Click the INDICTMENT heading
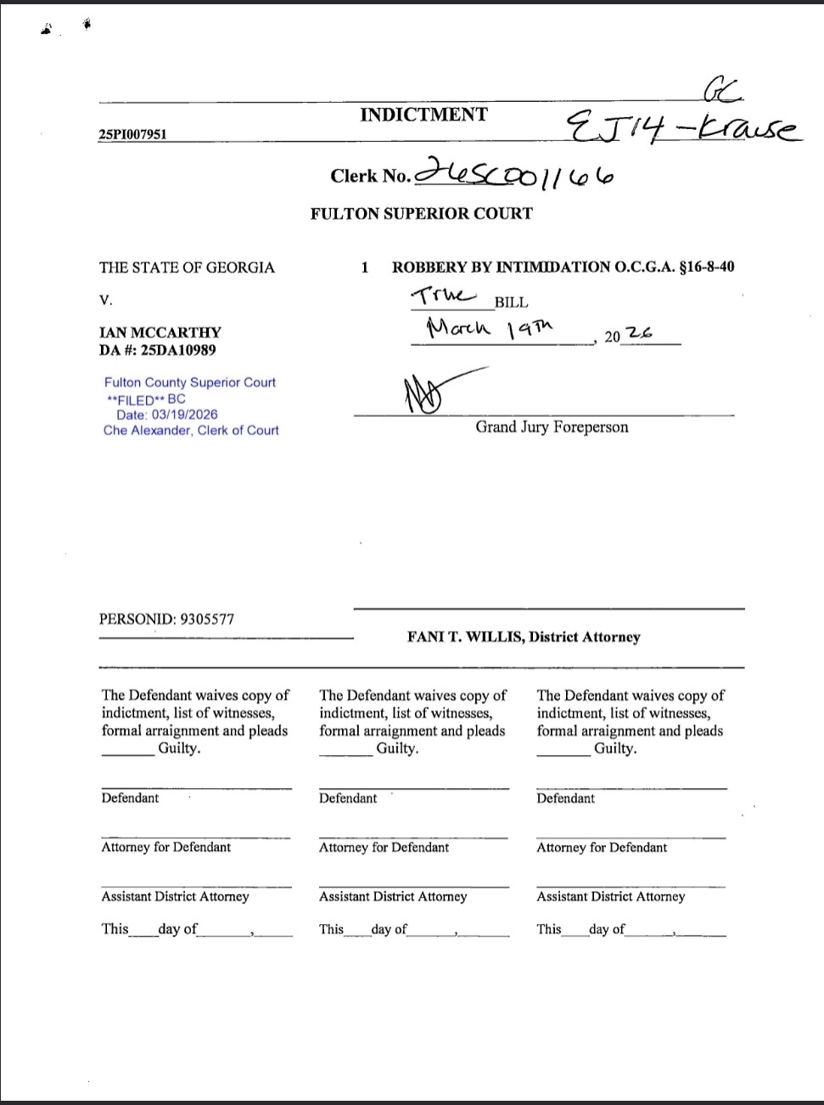pyautogui.click(x=423, y=116)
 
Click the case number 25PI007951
pyautogui.click(x=132, y=134)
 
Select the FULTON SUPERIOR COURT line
pyautogui.click(x=421, y=214)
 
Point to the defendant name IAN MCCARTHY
pyautogui.click(x=160, y=332)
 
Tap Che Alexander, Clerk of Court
pyautogui.click(x=191, y=431)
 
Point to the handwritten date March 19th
pyautogui.click(x=490, y=327)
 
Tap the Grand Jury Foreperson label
pyautogui.click(x=552, y=427)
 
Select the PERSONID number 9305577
pyautogui.click(x=204, y=619)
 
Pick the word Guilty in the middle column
pyautogui.click(x=395, y=748)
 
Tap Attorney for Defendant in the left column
pyautogui.click(x=165, y=847)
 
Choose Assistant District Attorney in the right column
pyautogui.click(x=610, y=896)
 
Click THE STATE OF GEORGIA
pyautogui.click(x=187, y=268)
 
